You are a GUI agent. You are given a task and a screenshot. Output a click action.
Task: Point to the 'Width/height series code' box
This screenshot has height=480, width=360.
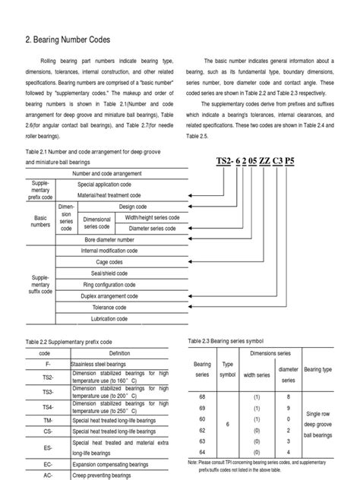coord(152,216)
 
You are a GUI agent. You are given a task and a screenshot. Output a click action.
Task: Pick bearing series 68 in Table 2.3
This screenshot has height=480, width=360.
coord(203,396)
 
